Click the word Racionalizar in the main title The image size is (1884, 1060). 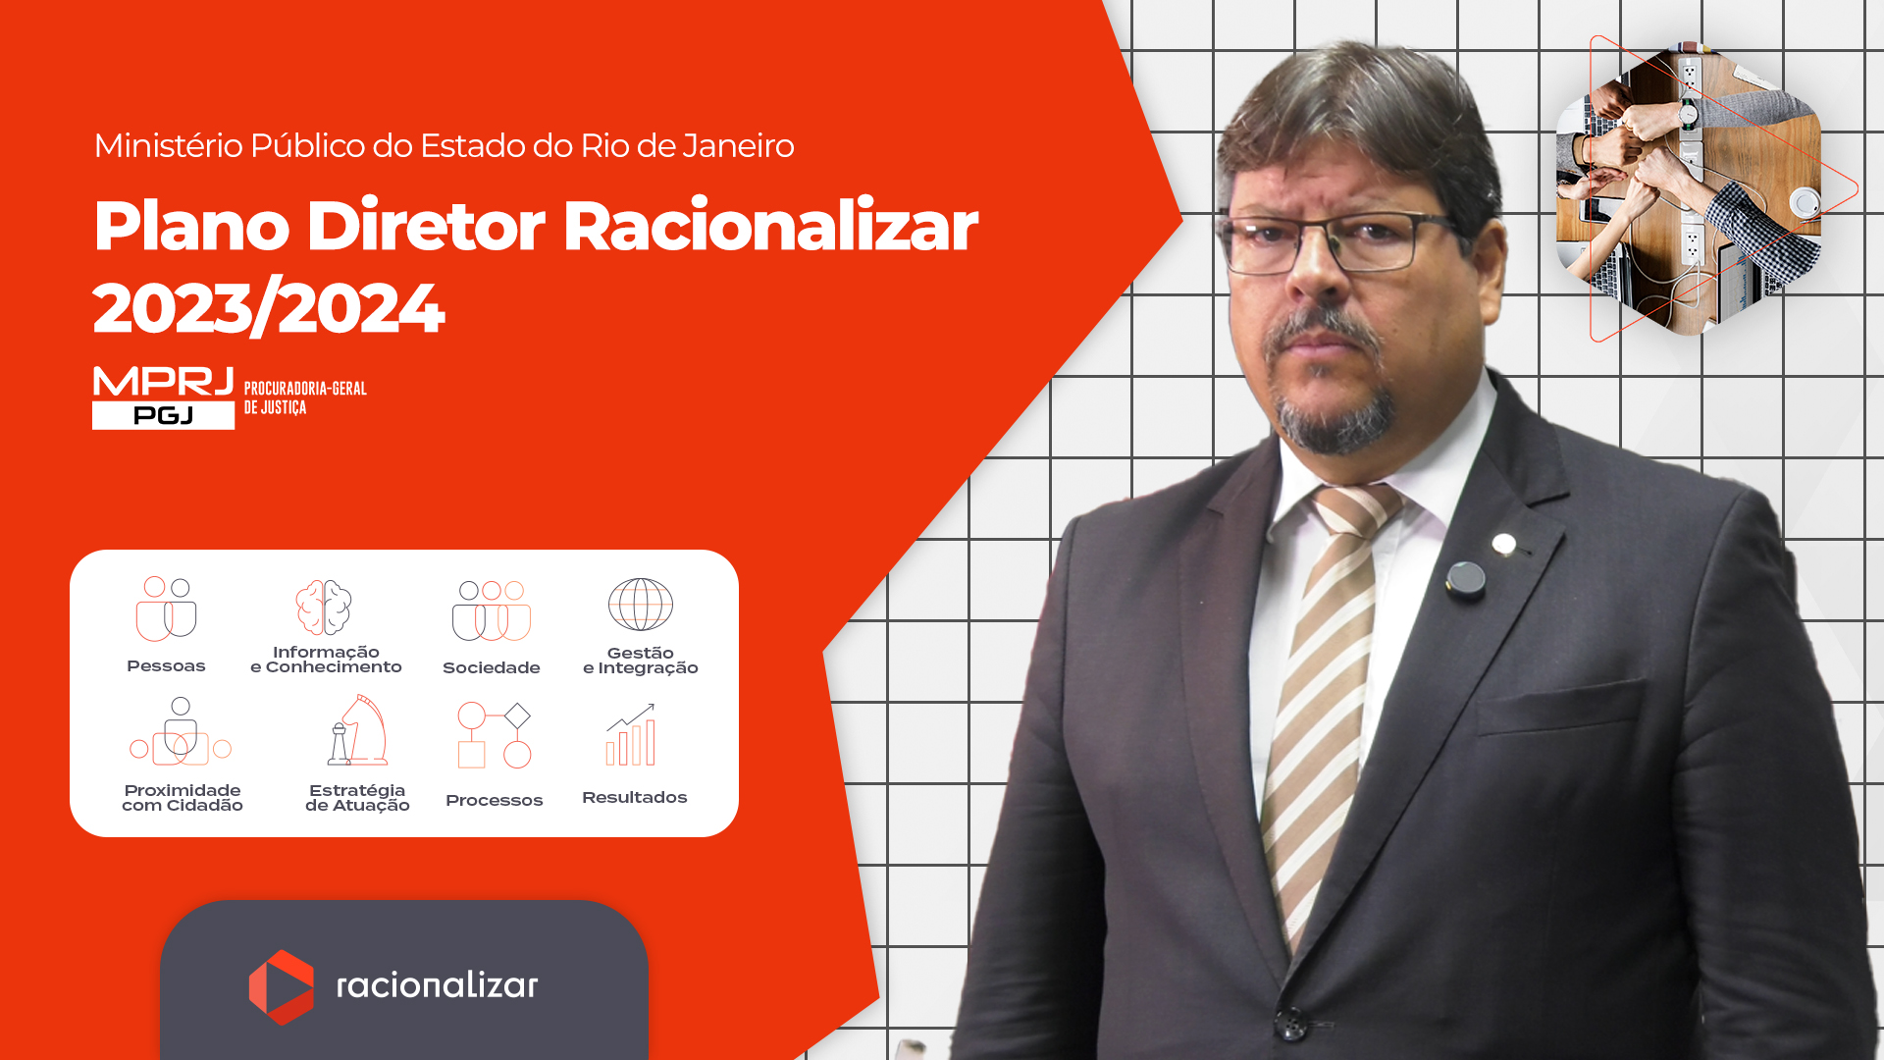click(x=770, y=227)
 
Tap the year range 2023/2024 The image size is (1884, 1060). click(x=269, y=308)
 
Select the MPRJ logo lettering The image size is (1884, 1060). click(x=163, y=382)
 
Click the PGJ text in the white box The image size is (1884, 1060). click(x=163, y=416)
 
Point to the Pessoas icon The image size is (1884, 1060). click(x=166, y=609)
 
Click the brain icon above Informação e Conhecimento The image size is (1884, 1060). click(x=324, y=607)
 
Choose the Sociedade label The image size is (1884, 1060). click(x=492, y=668)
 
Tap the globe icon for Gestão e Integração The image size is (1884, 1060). click(x=641, y=605)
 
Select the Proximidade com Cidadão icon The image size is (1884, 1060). click(x=181, y=732)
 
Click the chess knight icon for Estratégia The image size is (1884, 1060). click(x=358, y=730)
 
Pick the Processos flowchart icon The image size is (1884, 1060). click(x=495, y=735)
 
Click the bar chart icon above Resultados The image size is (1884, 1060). click(x=631, y=735)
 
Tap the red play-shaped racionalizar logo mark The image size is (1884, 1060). click(x=282, y=987)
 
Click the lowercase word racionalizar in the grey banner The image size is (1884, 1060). click(x=438, y=985)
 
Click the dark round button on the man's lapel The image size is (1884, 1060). click(x=1466, y=578)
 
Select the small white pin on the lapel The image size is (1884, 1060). click(x=1503, y=543)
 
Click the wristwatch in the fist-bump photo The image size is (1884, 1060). click(x=1689, y=114)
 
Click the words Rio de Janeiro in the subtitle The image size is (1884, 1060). click(x=687, y=146)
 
